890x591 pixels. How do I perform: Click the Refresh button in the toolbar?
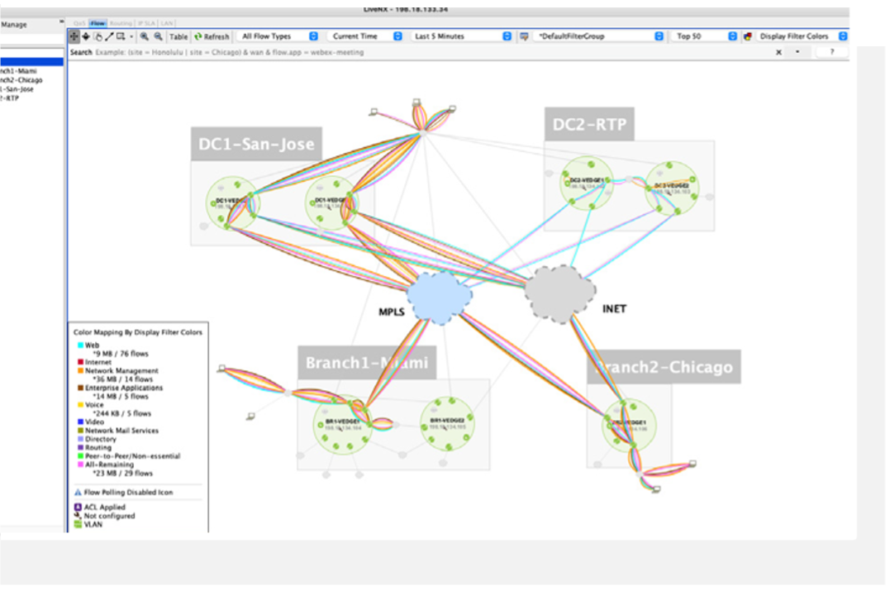(212, 36)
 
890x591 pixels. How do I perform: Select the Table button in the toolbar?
(178, 36)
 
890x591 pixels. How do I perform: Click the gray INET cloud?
(561, 293)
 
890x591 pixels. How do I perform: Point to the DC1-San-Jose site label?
(256, 145)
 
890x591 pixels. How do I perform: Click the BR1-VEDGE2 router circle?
(447, 424)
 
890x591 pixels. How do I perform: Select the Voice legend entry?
(94, 405)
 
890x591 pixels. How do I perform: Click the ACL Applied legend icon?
(78, 507)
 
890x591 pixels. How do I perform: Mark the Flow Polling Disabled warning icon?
(78, 493)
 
